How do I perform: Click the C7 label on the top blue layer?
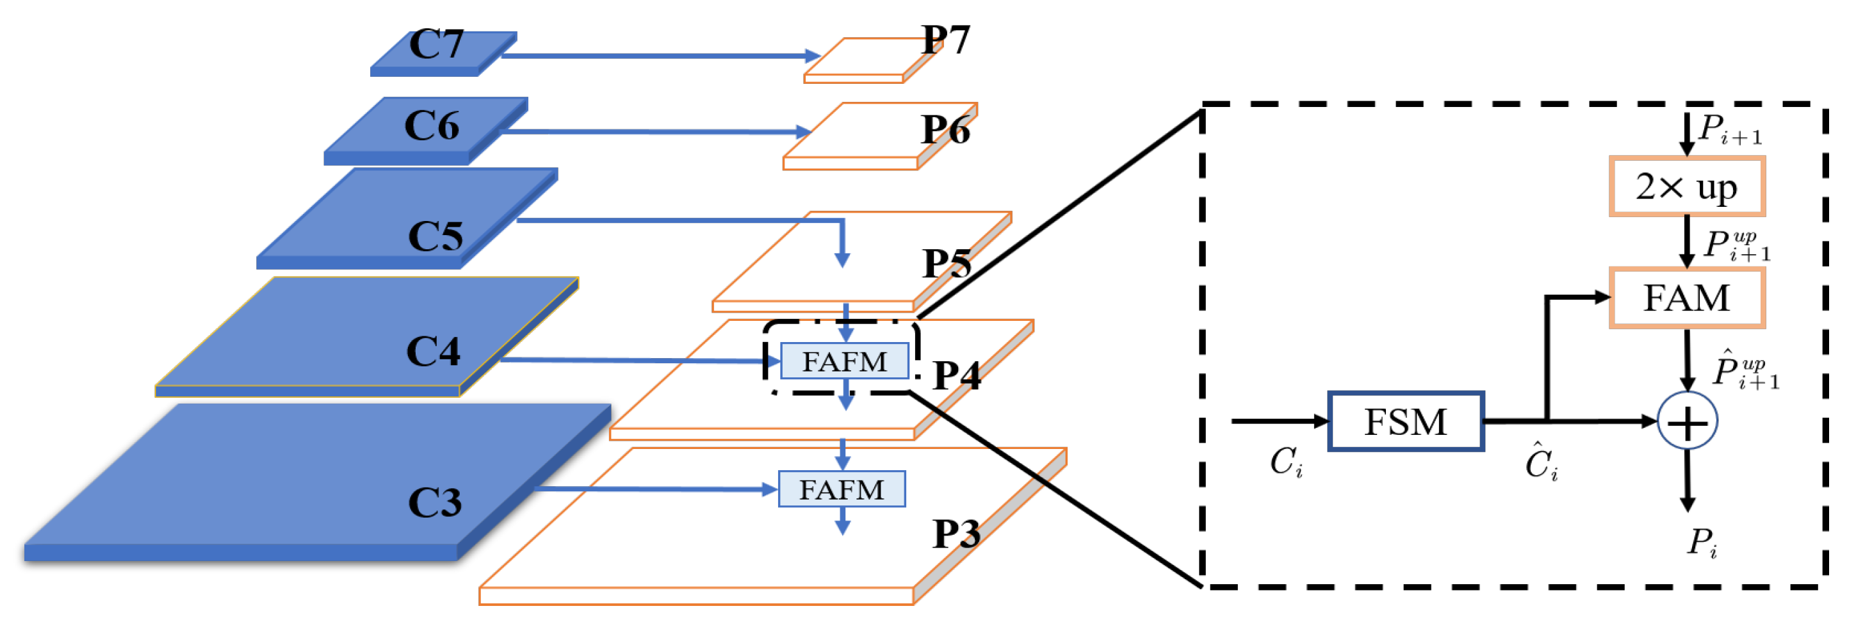(x=437, y=45)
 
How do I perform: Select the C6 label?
(x=432, y=126)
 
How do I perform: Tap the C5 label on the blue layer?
(x=436, y=236)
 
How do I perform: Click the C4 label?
(x=433, y=352)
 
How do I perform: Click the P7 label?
(x=946, y=40)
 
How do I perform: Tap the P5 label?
(x=947, y=263)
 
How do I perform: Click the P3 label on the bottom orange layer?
(x=957, y=535)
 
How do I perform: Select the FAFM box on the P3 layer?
(x=842, y=489)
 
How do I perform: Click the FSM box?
(x=1406, y=421)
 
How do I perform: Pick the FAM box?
(x=1687, y=298)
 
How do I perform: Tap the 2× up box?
(x=1687, y=187)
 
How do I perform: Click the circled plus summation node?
(x=1688, y=421)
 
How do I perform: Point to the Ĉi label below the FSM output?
(x=1541, y=462)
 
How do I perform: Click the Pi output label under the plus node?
(x=1702, y=542)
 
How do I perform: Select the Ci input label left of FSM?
(x=1286, y=462)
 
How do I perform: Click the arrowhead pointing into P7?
(x=813, y=56)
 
